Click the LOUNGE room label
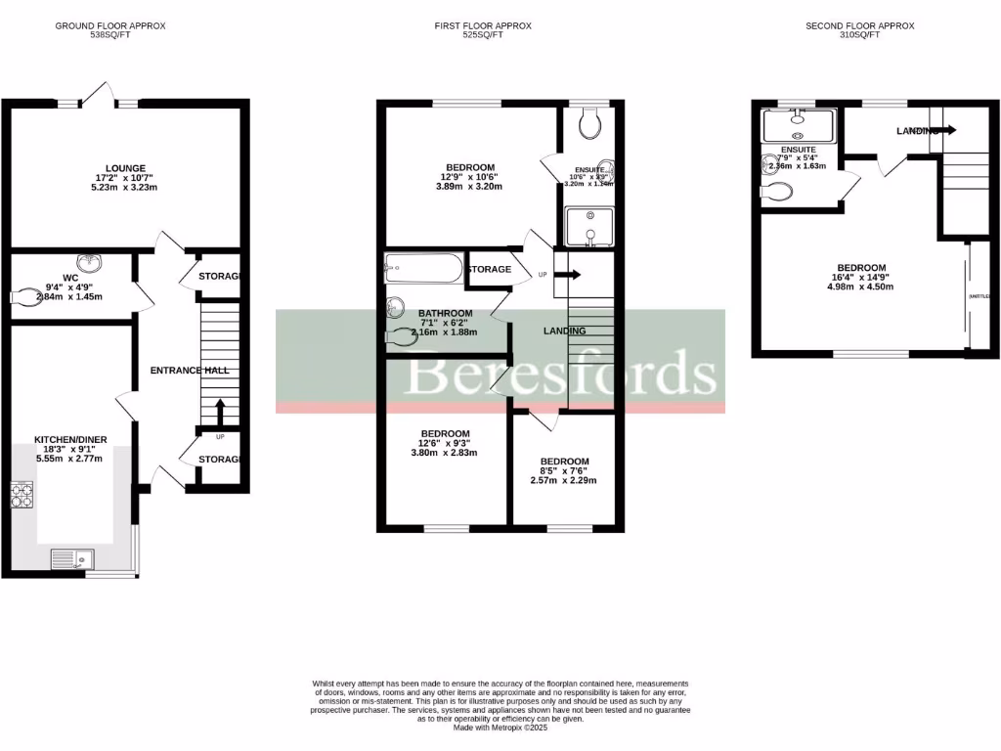[124, 167]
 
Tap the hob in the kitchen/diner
[22, 496]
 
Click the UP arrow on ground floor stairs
[220, 409]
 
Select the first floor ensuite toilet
[589, 122]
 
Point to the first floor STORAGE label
[489, 269]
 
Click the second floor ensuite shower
[800, 125]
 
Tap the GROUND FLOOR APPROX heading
[109, 26]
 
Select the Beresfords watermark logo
[561, 373]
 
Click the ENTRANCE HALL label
[189, 371]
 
